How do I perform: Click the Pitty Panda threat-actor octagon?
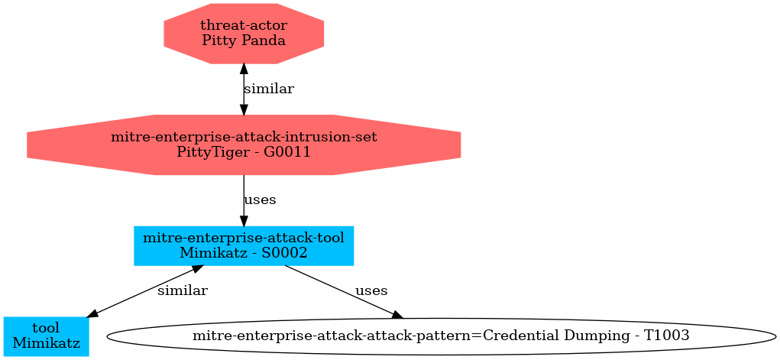(x=244, y=33)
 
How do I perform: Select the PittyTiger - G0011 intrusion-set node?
(x=244, y=144)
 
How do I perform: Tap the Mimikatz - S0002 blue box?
(x=244, y=245)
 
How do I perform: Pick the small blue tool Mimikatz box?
(x=46, y=336)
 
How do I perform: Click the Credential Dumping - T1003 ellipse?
(x=441, y=336)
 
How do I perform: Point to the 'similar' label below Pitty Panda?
(x=268, y=89)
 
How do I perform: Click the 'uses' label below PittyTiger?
(x=260, y=200)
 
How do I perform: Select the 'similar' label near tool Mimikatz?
(x=182, y=291)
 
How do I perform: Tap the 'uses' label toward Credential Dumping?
(x=371, y=291)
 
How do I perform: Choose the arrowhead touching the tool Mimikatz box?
(x=91, y=313)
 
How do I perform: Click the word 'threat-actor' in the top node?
(x=244, y=26)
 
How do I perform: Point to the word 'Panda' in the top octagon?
(x=262, y=40)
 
